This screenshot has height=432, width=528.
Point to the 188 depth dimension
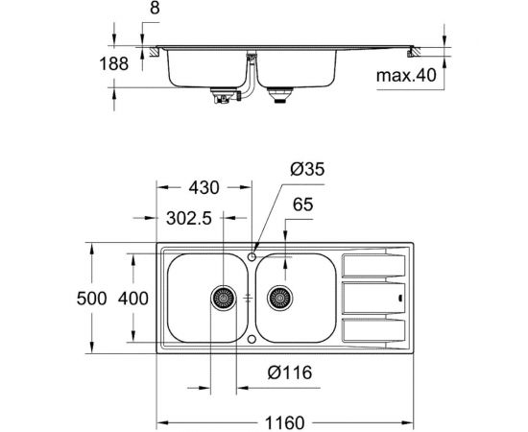tap(126, 64)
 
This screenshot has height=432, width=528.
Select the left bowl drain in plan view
tap(222, 299)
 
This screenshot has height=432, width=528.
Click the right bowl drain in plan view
tap(279, 299)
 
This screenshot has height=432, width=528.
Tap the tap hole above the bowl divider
tap(251, 255)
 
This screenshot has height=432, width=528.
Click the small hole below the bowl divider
tap(251, 339)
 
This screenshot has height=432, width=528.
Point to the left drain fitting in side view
tap(223, 95)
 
